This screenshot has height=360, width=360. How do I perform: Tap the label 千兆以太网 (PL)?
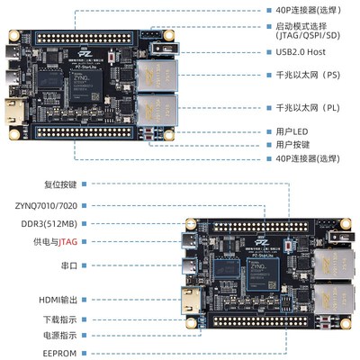297,107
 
